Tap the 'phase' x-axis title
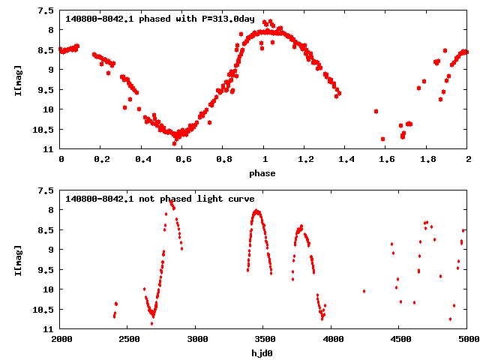tap(264, 173)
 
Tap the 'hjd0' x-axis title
tap(264, 353)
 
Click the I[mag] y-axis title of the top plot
tap(17, 79)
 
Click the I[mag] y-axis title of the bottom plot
tap(17, 259)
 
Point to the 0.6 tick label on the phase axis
tap(183, 159)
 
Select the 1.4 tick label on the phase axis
tap(346, 159)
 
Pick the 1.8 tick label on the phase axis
tap(427, 159)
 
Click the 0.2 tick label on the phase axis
tap(101, 159)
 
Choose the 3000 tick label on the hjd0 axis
tap(196, 339)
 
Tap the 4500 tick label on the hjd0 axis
tap(400, 339)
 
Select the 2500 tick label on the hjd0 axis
tap(128, 339)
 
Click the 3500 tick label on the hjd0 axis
tap(264, 339)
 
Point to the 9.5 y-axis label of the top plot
tap(46, 90)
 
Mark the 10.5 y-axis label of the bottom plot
tap(44, 310)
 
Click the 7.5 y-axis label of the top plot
tap(46, 10)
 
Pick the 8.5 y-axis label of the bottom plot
tap(46, 230)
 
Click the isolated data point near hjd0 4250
tap(364, 291)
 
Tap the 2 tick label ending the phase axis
tap(468, 159)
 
